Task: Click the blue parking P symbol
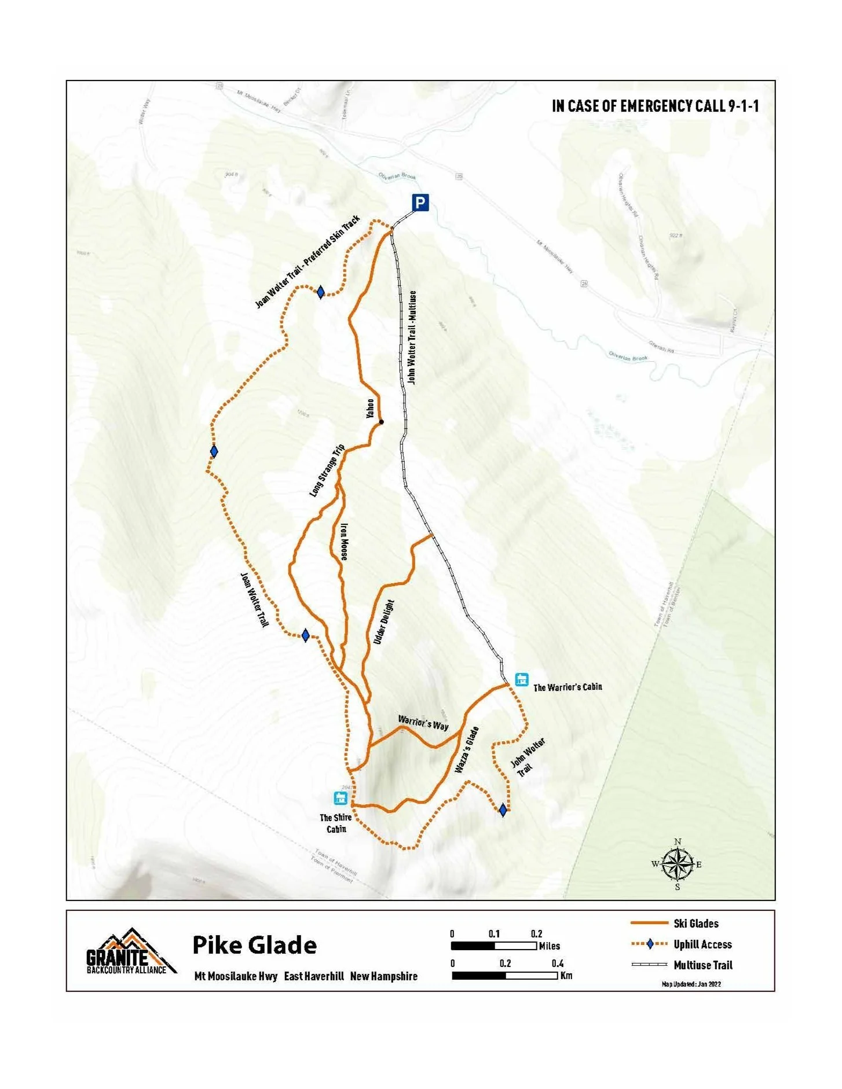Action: (x=420, y=203)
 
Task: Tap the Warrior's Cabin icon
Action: (x=522, y=679)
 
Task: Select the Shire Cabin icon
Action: (x=341, y=799)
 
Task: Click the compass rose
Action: (x=678, y=864)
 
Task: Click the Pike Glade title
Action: (x=254, y=945)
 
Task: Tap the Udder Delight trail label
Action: (x=383, y=622)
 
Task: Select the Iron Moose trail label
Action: (x=344, y=542)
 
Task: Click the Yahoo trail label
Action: (x=370, y=408)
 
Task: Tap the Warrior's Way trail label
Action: (x=423, y=723)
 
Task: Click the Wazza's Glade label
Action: (x=467, y=750)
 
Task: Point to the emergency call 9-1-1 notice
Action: (x=655, y=106)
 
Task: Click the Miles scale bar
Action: (x=494, y=946)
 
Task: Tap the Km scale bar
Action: (x=504, y=976)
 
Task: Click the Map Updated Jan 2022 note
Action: (x=691, y=984)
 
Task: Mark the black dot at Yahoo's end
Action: (x=381, y=422)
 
